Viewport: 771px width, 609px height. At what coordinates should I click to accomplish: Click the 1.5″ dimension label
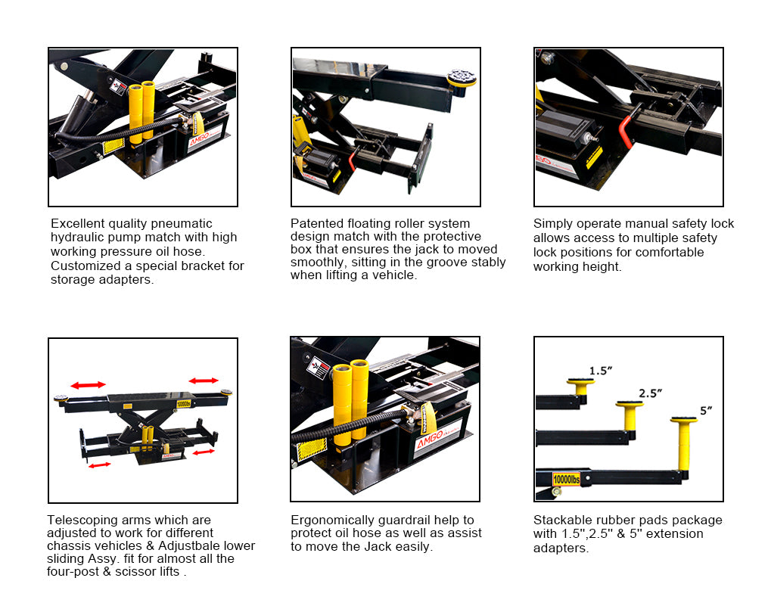pyautogui.click(x=600, y=371)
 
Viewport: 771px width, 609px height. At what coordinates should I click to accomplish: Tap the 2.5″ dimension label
pyautogui.click(x=651, y=393)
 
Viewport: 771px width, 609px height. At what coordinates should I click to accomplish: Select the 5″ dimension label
pyautogui.click(x=706, y=411)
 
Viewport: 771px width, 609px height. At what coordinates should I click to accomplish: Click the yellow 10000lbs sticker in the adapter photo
pyautogui.click(x=567, y=479)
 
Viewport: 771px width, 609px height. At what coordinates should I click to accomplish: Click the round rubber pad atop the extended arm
pyautogui.click(x=462, y=77)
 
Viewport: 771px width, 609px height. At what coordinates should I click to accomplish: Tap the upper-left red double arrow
pyautogui.click(x=88, y=385)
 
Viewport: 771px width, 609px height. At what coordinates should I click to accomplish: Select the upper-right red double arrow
pyautogui.click(x=204, y=381)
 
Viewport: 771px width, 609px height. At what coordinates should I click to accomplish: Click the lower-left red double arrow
pyautogui.click(x=99, y=465)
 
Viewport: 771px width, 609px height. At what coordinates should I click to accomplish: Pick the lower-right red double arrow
pyautogui.click(x=204, y=452)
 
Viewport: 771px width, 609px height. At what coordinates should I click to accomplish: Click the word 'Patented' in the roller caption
pyautogui.click(x=313, y=224)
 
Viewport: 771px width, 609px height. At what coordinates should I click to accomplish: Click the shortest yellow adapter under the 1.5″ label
pyautogui.click(x=580, y=387)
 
